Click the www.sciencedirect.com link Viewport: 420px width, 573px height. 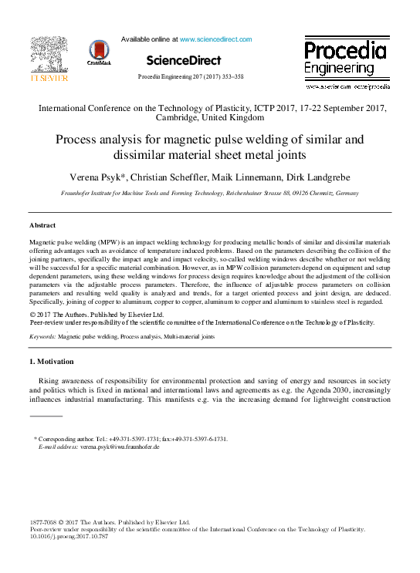(215, 39)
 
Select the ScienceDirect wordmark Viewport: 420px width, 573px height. (183, 60)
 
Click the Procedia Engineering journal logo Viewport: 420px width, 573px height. (344, 59)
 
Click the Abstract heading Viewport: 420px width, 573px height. (42, 224)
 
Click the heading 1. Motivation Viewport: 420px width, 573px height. (51, 362)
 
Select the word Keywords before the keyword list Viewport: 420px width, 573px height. (42, 337)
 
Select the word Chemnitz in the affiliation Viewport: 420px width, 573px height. (316, 194)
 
